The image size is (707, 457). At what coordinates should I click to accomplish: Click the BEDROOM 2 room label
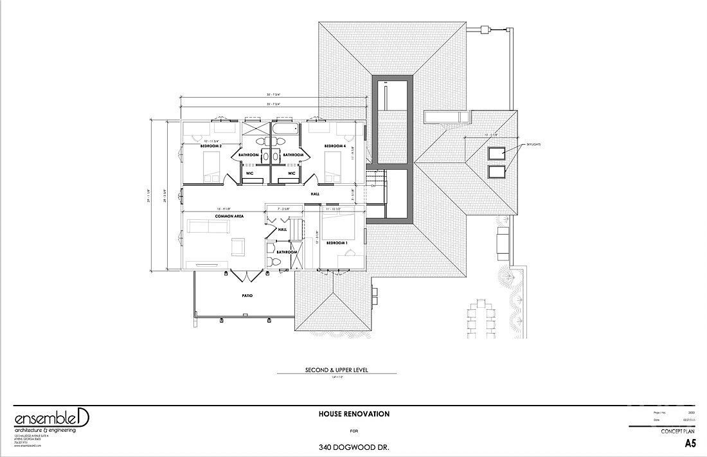[x=211, y=146]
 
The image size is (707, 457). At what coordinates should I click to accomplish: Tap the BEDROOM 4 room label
[x=335, y=146]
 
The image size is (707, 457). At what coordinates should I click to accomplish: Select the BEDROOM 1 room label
[x=336, y=243]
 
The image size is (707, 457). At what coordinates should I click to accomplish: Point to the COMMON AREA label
[x=210, y=217]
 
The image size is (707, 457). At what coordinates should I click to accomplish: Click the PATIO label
[x=247, y=296]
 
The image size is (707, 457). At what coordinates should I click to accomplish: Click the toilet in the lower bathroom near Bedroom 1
[x=273, y=262]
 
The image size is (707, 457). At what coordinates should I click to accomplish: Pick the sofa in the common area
[x=208, y=226]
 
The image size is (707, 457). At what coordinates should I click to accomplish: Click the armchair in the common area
[x=237, y=246]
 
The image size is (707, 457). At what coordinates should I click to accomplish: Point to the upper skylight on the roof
[x=496, y=153]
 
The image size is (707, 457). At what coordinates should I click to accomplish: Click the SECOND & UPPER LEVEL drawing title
[x=341, y=371]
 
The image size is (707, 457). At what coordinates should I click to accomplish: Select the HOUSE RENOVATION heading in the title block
[x=354, y=414]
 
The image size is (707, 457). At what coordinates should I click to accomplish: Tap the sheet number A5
[x=690, y=444]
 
